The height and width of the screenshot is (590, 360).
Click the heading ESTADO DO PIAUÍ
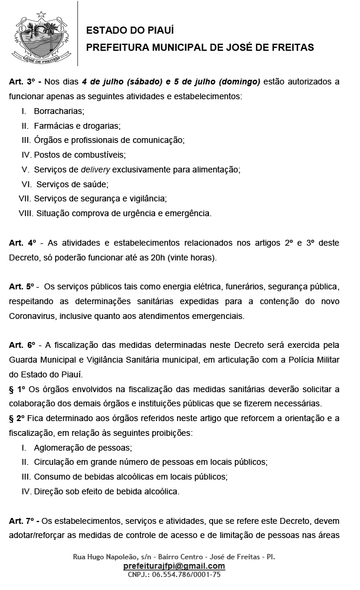click(130, 31)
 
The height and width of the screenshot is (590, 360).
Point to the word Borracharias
click(59, 111)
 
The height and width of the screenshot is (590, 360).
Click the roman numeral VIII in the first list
click(25, 213)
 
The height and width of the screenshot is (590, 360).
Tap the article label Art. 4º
click(24, 243)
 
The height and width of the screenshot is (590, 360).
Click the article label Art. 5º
click(24, 287)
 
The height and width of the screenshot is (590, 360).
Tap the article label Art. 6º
click(24, 345)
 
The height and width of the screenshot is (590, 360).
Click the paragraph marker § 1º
click(18, 389)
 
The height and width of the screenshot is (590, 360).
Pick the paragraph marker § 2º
click(18, 418)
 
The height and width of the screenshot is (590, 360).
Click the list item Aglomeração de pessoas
click(83, 447)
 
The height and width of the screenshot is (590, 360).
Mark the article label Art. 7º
click(24, 520)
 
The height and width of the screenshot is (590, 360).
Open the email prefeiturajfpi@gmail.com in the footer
click(174, 566)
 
